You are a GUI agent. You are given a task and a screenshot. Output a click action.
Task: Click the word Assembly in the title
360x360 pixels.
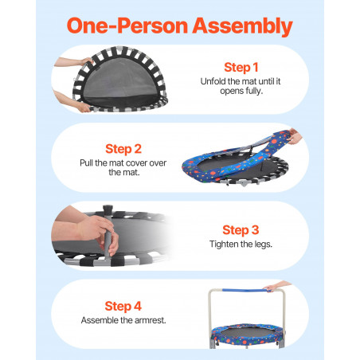[242, 26]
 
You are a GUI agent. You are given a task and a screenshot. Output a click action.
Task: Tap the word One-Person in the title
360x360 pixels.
[127, 25]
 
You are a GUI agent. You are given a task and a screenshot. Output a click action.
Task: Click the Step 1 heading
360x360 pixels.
[241, 68]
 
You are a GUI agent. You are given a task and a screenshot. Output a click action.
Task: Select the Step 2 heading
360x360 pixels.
[123, 149]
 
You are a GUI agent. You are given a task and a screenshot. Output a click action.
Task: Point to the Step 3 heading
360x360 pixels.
[241, 230]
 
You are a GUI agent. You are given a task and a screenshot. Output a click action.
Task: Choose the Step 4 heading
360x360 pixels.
[123, 307]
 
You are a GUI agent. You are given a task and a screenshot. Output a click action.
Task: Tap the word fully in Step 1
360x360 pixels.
[254, 91]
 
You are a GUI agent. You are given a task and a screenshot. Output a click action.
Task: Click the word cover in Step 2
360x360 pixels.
[135, 163]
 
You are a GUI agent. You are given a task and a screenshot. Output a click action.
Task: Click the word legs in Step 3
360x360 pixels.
[264, 245]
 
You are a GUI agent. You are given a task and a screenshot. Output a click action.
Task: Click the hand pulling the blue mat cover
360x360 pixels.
[295, 136]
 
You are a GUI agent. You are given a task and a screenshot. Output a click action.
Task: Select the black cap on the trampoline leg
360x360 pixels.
[108, 209]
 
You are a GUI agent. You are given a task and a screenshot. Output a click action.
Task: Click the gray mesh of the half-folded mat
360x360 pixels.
[121, 80]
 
